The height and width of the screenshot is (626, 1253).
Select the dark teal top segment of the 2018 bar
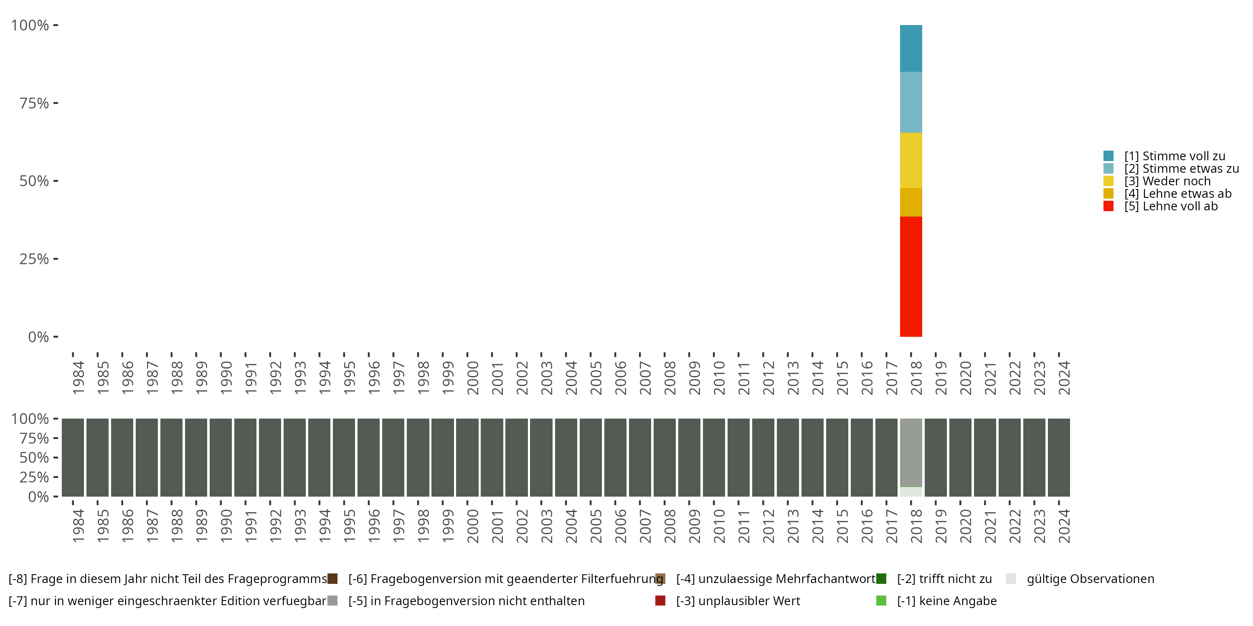(x=911, y=48)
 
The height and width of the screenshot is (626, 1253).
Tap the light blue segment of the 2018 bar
(x=911, y=102)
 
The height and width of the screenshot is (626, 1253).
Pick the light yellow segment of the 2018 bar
(x=911, y=160)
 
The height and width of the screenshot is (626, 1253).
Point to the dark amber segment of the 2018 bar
(x=911, y=202)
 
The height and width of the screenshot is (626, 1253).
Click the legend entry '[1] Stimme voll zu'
(x=1174, y=156)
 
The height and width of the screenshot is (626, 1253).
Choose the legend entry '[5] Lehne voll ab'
(x=1170, y=206)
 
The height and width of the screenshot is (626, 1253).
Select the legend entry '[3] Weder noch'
(x=1167, y=181)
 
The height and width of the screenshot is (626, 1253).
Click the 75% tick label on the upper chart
(x=34, y=103)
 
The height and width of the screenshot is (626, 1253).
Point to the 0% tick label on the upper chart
(x=38, y=337)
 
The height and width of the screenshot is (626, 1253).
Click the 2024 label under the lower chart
(x=1064, y=526)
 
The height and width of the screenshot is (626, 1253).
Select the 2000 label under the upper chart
(x=472, y=378)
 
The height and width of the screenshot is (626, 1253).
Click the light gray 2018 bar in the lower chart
(x=911, y=452)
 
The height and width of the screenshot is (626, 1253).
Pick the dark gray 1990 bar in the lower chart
(x=221, y=457)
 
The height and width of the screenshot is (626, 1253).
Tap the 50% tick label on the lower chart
(x=34, y=458)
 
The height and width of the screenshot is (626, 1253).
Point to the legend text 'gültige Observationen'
(x=1090, y=579)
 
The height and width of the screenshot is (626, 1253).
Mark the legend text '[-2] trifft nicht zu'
(x=944, y=579)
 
